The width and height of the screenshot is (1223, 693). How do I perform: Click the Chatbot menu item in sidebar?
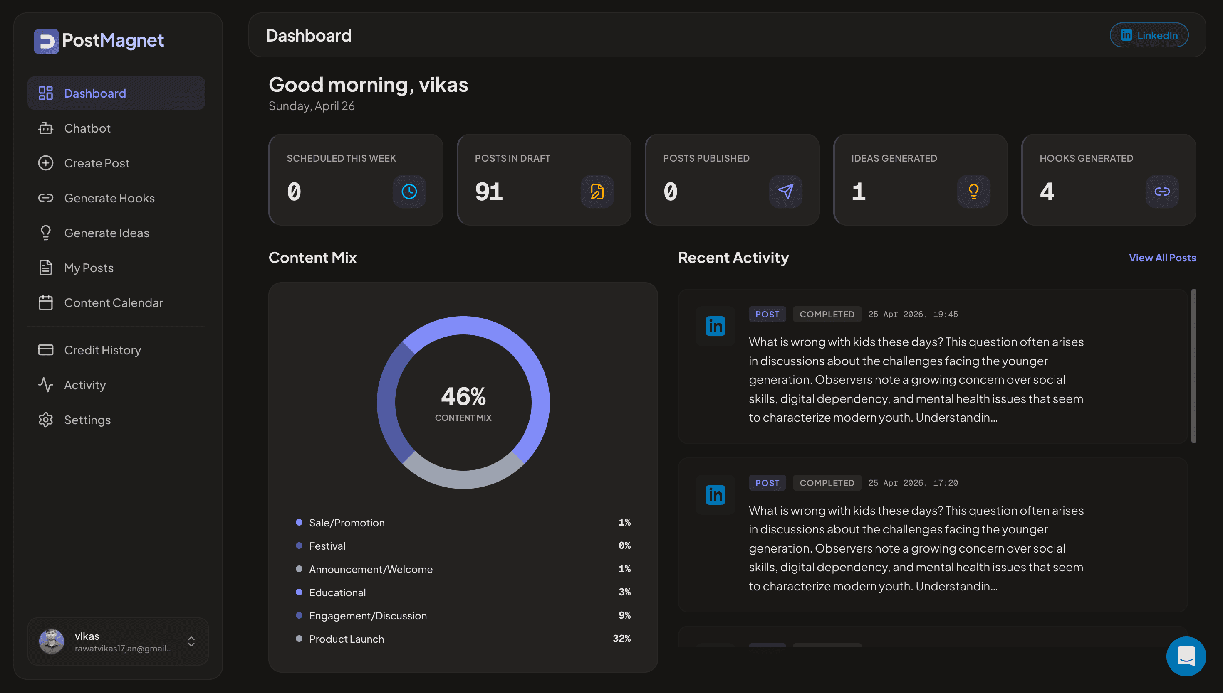87,128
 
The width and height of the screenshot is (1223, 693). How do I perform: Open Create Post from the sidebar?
97,163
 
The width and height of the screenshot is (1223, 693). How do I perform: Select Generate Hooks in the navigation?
109,198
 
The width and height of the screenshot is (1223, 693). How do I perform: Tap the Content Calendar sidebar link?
114,303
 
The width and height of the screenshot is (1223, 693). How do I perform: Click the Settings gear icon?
46,420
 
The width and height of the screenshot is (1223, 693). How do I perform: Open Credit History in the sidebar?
102,350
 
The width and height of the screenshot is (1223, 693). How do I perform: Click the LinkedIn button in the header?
1149,35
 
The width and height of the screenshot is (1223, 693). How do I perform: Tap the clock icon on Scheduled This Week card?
409,192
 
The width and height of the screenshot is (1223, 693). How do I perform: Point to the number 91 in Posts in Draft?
489,192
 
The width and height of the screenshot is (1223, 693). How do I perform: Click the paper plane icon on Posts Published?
785,192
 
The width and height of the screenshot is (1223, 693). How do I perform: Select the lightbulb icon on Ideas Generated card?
973,192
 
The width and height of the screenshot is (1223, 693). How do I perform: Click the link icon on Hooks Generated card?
1161,192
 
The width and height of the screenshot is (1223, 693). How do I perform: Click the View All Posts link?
1162,258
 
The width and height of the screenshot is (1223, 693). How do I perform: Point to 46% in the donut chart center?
463,396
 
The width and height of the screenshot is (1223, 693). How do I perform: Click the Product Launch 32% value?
621,639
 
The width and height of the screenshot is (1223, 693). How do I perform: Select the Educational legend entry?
337,592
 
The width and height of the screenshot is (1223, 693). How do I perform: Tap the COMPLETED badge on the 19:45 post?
827,314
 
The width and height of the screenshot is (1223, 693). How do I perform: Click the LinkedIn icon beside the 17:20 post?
715,495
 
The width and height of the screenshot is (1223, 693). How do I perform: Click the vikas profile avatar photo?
52,641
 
